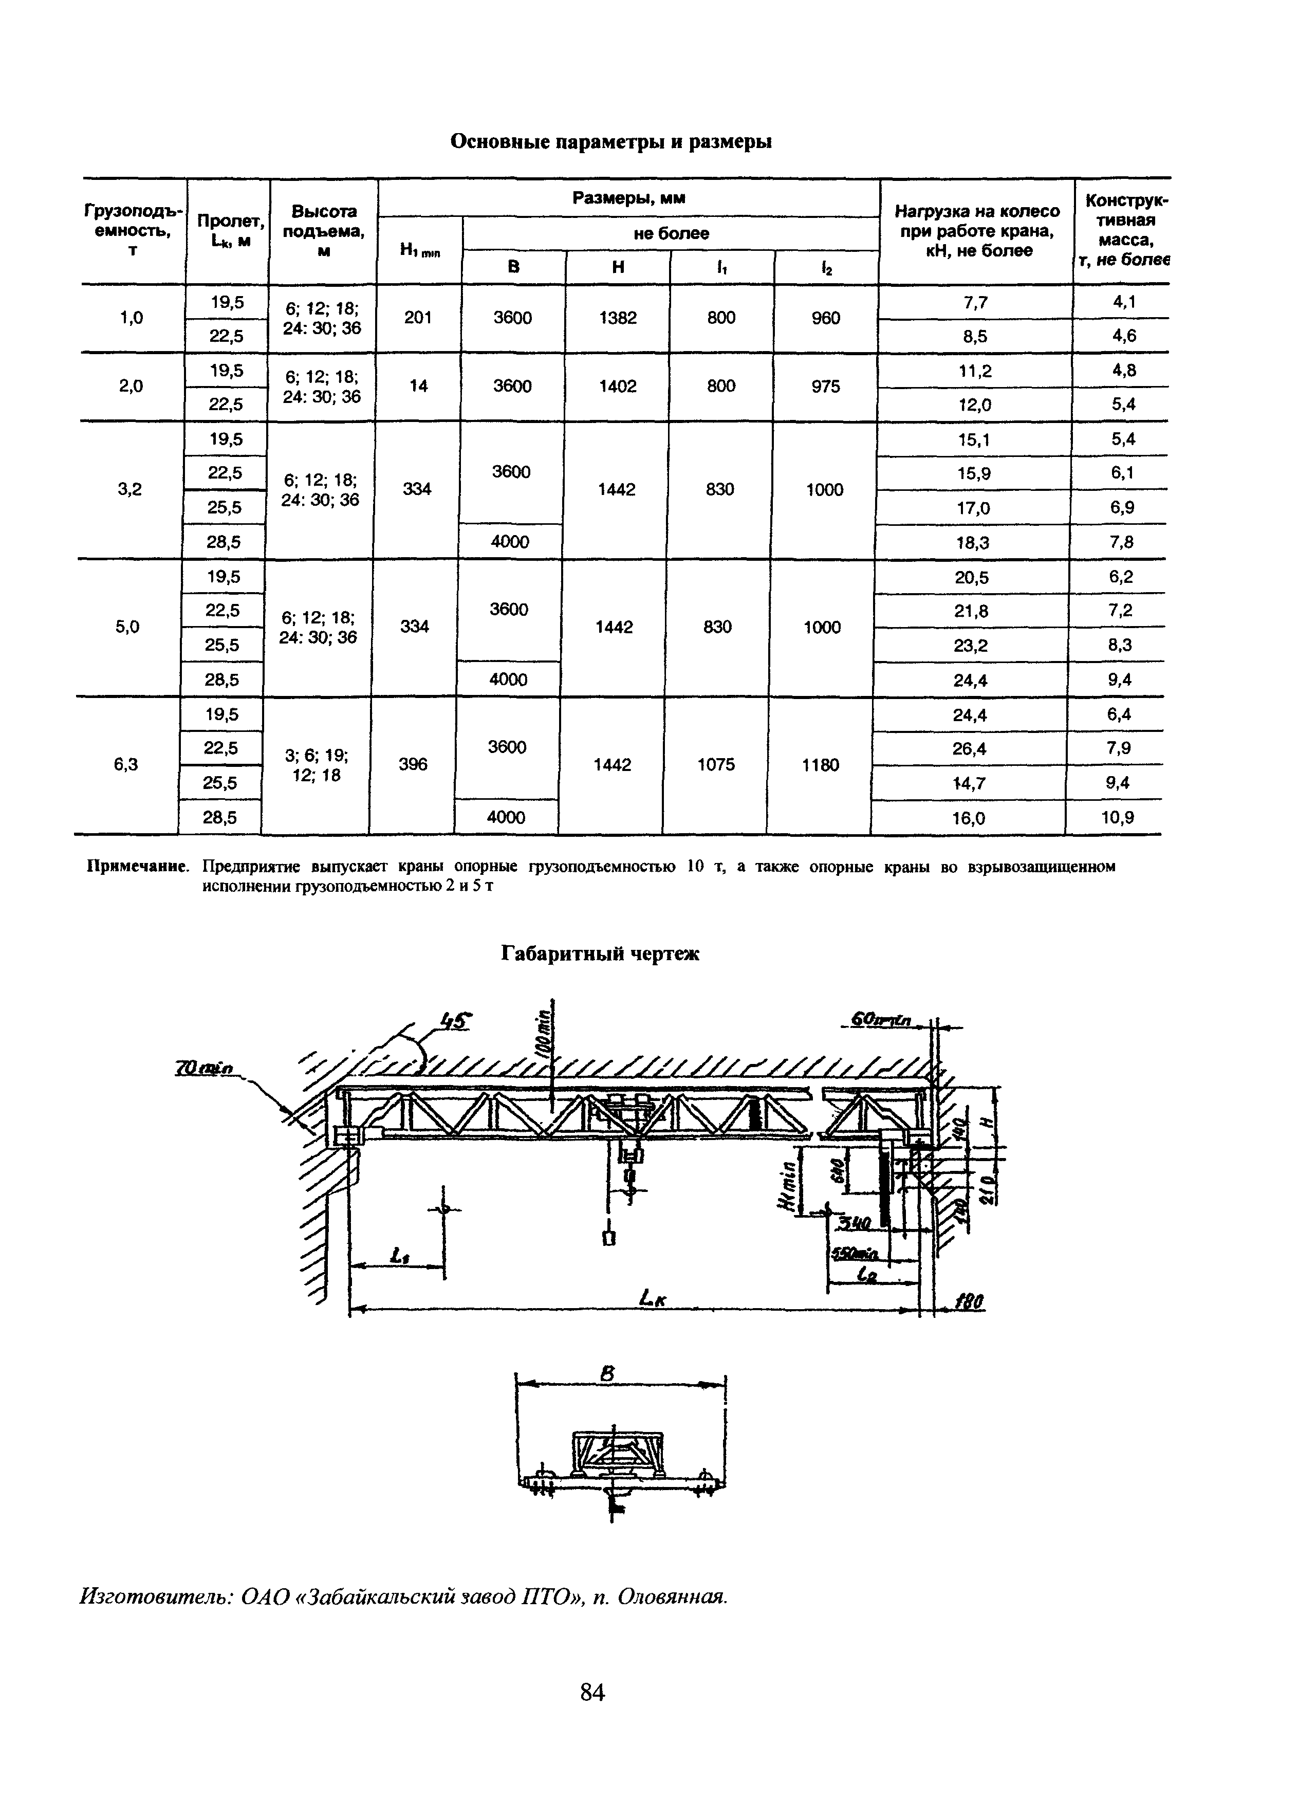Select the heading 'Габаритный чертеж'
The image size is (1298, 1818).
[x=600, y=954]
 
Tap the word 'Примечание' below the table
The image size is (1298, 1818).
[x=138, y=867]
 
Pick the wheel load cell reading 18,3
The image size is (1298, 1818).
[x=973, y=543]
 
